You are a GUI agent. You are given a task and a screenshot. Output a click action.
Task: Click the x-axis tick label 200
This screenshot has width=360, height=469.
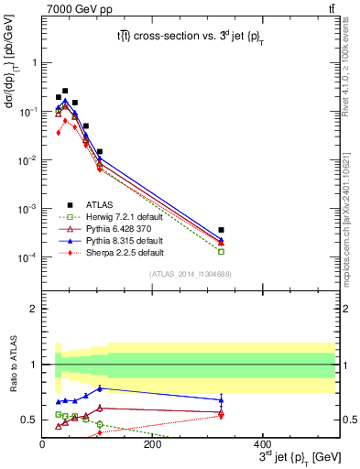coord(152,444)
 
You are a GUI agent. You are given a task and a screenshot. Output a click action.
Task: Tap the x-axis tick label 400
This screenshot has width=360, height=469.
coord(262,444)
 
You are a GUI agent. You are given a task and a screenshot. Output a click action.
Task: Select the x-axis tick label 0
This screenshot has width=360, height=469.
coord(42,444)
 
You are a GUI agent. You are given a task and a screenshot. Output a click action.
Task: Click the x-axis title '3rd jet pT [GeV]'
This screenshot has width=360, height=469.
coord(289,457)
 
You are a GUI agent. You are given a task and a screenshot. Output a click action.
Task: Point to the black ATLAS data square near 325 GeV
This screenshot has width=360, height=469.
coord(221,230)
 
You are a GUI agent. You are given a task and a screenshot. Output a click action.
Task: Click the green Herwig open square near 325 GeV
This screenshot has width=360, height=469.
coord(221,251)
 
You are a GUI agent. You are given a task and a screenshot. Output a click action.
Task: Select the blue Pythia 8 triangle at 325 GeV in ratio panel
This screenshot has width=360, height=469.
coord(221,399)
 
